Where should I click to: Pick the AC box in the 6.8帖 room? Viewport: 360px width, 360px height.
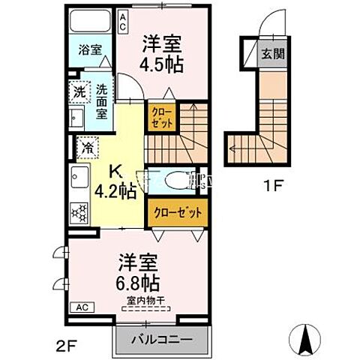pyautogui.click(x=82, y=307)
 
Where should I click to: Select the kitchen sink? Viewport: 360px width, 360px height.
pyautogui.click(x=79, y=180)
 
